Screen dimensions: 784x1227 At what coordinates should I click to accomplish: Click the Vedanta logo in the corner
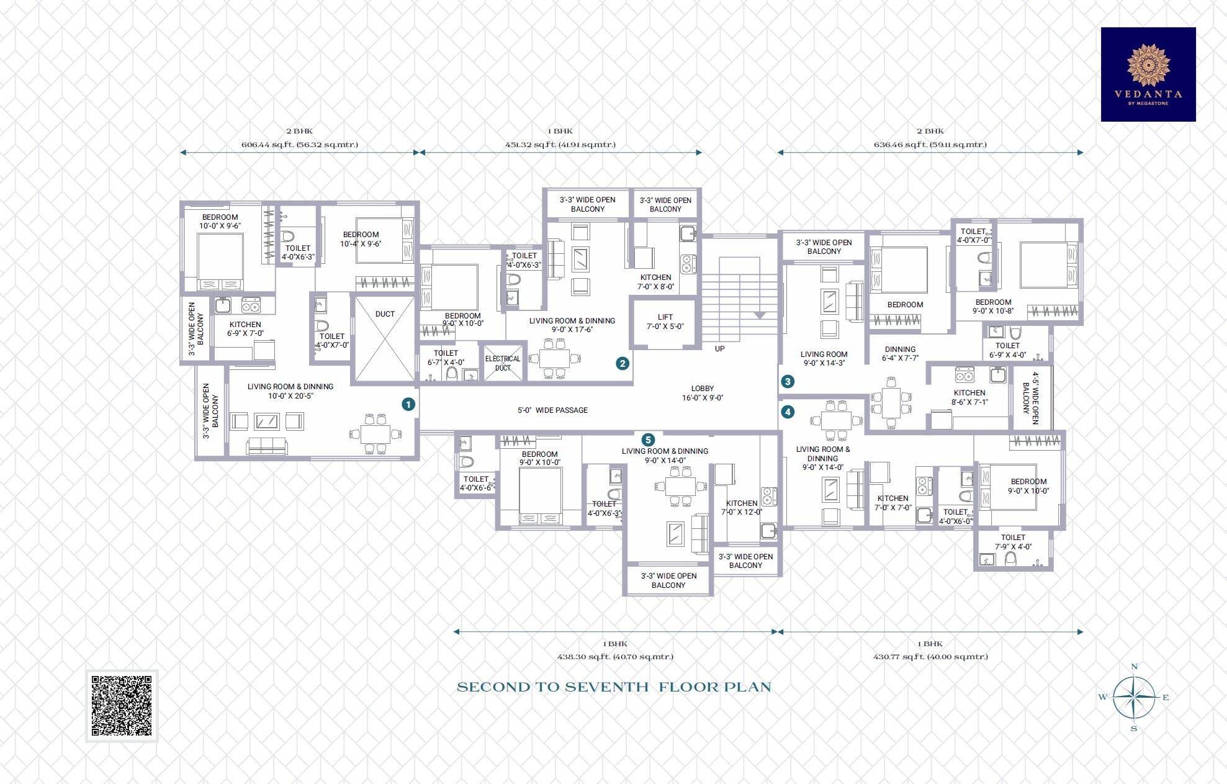(1148, 74)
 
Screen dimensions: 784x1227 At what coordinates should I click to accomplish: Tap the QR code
(122, 706)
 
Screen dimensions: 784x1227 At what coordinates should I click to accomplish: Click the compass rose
(1134, 697)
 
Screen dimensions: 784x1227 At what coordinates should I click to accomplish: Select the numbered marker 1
(408, 404)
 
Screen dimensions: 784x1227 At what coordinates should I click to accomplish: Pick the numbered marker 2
(622, 364)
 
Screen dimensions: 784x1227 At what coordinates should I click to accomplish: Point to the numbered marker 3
(788, 381)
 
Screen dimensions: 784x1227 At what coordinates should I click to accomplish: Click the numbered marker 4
(788, 412)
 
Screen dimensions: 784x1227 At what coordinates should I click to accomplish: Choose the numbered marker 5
(647, 440)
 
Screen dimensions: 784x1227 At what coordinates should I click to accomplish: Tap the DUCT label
(385, 314)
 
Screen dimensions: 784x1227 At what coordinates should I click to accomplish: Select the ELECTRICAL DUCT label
(503, 363)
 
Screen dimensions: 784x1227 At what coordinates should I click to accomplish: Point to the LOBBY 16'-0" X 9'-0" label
(703, 393)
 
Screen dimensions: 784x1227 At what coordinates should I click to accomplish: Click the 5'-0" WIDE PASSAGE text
(552, 410)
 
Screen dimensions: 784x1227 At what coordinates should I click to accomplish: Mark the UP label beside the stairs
(719, 349)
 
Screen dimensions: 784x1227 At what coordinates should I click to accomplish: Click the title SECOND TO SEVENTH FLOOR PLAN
(614, 687)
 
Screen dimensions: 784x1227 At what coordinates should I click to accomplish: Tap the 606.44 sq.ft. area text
(299, 145)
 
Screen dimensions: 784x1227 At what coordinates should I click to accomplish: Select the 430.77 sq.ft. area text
(930, 657)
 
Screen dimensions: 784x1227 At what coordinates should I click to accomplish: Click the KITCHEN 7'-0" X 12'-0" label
(742, 508)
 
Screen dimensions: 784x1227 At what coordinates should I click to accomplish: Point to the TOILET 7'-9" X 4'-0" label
(1013, 542)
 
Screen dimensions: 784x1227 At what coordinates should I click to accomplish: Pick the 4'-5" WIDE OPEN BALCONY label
(1030, 398)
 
